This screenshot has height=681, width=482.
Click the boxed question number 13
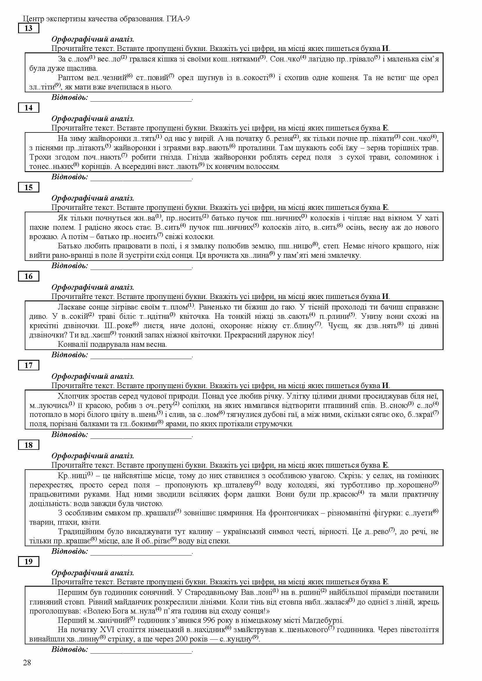pos(29,29)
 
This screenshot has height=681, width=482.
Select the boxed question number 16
pos(29,276)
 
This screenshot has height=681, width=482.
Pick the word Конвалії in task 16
pos(73,344)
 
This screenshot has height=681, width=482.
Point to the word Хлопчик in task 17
pos(72,396)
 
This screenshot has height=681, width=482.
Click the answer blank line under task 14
pos(141,179)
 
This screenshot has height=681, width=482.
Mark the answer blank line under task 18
pos(141,553)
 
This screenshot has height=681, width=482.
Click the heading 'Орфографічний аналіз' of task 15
pos(93,198)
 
